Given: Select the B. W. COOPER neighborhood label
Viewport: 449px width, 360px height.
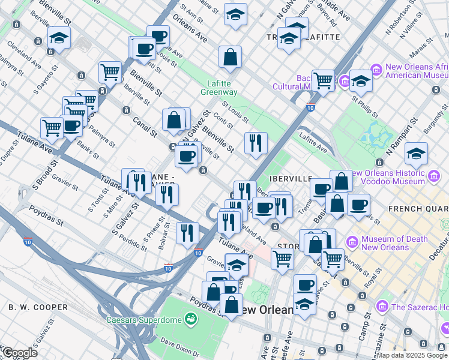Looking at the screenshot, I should pyautogui.click(x=38, y=307).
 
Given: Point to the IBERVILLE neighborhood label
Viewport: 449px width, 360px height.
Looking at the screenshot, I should pyautogui.click(x=292, y=178).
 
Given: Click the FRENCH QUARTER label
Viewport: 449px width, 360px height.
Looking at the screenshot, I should pyautogui.click(x=418, y=209).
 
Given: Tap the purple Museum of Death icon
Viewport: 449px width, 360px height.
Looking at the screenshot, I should pyautogui.click(x=352, y=242).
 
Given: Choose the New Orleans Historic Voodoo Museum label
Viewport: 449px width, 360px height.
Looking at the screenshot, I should pyautogui.click(x=396, y=177).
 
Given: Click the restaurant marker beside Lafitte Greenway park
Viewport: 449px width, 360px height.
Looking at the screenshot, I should pyautogui.click(x=256, y=143).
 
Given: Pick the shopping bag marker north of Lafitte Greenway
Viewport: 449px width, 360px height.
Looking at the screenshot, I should pyautogui.click(x=230, y=58).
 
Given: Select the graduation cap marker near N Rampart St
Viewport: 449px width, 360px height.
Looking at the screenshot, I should pyautogui.click(x=416, y=154).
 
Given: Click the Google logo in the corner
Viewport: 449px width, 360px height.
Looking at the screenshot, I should pyautogui.click(x=19, y=353).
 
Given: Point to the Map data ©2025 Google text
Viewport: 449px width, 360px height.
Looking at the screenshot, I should pyautogui.click(x=412, y=355).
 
